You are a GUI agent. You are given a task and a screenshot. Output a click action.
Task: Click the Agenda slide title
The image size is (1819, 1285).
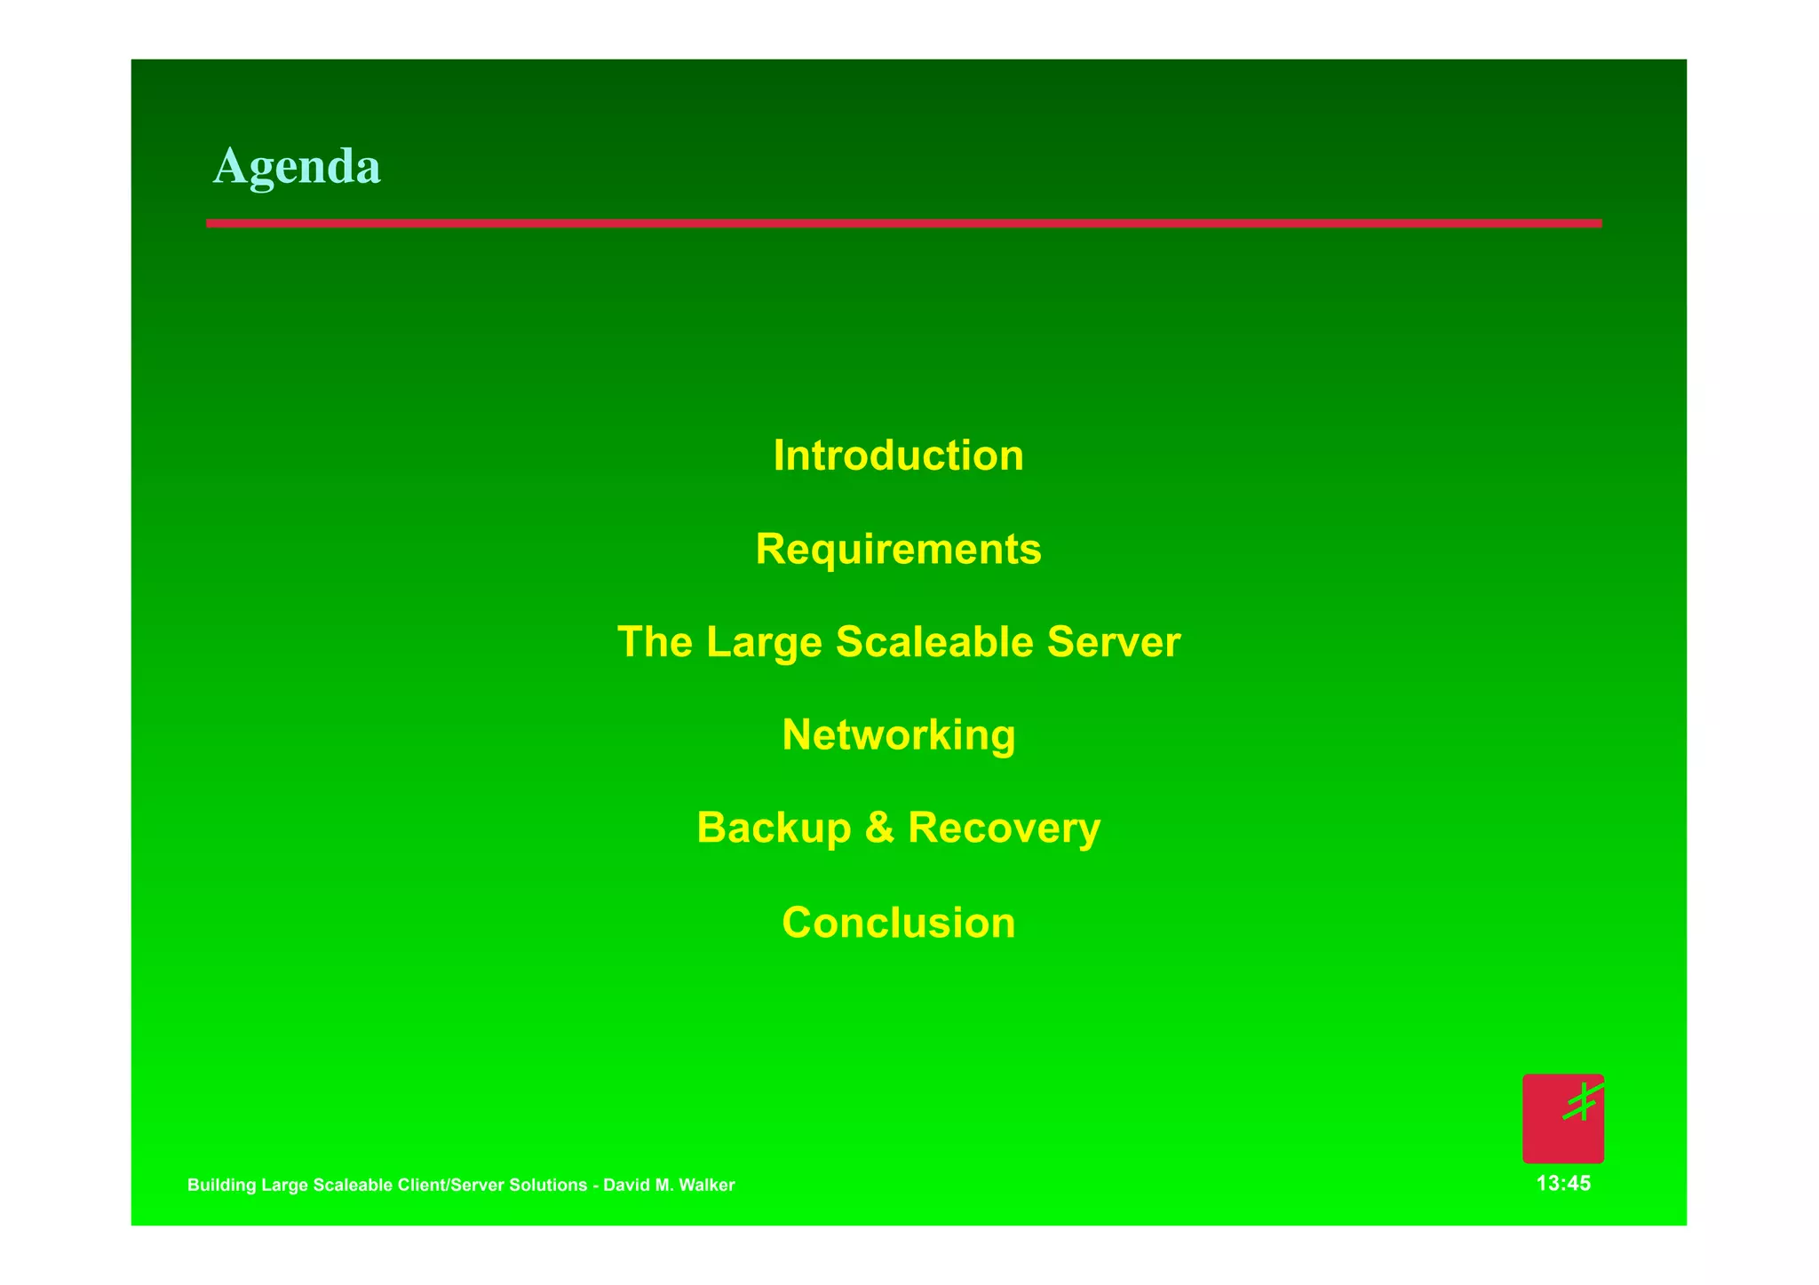(x=297, y=166)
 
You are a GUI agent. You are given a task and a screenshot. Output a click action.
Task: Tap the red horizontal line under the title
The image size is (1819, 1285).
(x=903, y=224)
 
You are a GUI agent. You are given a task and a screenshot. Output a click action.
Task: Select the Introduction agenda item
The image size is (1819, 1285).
(x=898, y=456)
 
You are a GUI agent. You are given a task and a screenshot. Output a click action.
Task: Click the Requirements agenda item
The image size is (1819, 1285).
(x=898, y=549)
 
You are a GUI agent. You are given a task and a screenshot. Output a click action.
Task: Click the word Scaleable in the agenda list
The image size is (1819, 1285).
(x=934, y=642)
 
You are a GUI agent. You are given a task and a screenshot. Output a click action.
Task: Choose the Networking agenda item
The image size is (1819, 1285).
(x=898, y=735)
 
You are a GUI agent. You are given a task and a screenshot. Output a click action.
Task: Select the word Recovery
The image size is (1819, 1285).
(x=1004, y=829)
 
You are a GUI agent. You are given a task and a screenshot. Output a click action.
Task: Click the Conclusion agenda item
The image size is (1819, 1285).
(x=898, y=923)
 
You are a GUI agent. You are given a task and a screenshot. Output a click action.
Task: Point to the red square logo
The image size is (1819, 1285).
(x=1562, y=1118)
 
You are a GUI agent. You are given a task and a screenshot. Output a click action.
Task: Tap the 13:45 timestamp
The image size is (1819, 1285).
(x=1563, y=1184)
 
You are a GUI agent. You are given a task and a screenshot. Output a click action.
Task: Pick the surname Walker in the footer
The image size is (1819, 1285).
(x=708, y=1186)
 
